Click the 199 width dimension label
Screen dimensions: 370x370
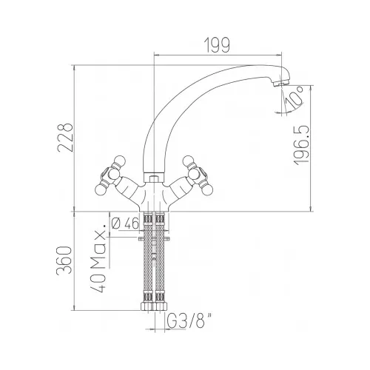[x=217, y=45]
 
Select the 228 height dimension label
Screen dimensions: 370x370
[x=65, y=138]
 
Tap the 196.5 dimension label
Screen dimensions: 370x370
[x=301, y=146]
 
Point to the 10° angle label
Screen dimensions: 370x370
[x=294, y=99]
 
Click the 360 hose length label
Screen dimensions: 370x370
[x=64, y=260]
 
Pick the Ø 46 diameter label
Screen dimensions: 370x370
[x=125, y=223]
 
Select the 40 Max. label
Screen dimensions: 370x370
[x=99, y=258]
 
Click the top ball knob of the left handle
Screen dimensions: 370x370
[x=119, y=161]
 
